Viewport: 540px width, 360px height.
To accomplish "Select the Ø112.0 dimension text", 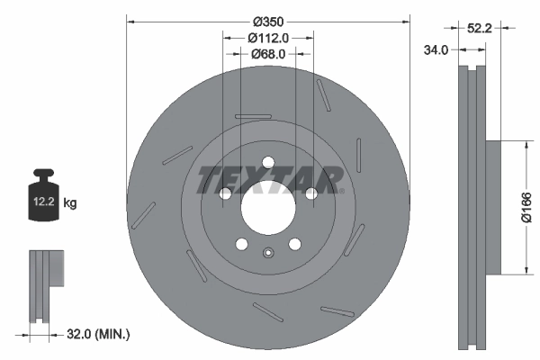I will pyautogui.click(x=268, y=38).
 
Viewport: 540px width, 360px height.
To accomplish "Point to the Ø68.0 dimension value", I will pyautogui.click(x=268, y=54).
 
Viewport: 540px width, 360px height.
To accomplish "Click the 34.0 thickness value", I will pyautogui.click(x=436, y=50).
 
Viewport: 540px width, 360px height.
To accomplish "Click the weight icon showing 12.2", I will pyautogui.click(x=42, y=199).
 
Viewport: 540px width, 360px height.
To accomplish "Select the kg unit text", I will pyautogui.click(x=70, y=203).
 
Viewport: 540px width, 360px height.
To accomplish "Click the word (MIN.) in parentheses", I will pyautogui.click(x=113, y=335).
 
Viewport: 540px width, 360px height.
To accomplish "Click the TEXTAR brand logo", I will pyautogui.click(x=269, y=178).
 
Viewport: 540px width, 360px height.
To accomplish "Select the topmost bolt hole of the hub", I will pyautogui.click(x=267, y=162).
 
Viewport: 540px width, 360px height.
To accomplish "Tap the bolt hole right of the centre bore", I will pyautogui.click(x=310, y=193).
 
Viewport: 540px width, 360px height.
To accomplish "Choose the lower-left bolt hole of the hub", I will pyautogui.click(x=241, y=244).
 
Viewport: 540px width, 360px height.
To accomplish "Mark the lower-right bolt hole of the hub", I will pyautogui.click(x=293, y=244).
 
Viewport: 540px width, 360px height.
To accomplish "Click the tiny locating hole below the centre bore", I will pyautogui.click(x=267, y=252).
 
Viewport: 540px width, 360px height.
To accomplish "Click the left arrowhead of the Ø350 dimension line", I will pyautogui.click(x=130, y=20).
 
